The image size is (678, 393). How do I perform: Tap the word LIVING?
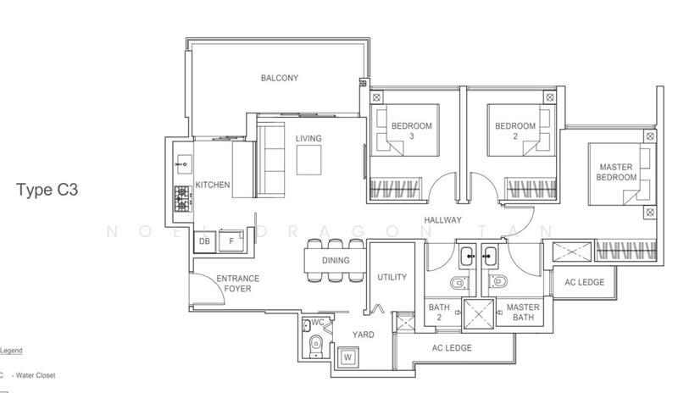(x=308, y=139)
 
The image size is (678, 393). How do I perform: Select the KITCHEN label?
(x=212, y=185)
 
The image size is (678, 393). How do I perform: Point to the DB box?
(x=204, y=242)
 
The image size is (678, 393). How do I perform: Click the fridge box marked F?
(x=227, y=242)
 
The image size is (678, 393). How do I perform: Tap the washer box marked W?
(x=347, y=357)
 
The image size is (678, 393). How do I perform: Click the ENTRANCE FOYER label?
(x=237, y=284)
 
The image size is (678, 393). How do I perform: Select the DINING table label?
(x=336, y=261)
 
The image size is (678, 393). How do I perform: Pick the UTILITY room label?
(x=392, y=277)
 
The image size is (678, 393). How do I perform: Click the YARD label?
(x=364, y=335)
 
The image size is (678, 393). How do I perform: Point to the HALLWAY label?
(x=443, y=220)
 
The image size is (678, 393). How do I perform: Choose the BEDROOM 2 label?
(x=515, y=131)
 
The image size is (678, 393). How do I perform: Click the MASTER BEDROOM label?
(x=617, y=173)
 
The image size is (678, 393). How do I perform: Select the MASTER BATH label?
(x=523, y=313)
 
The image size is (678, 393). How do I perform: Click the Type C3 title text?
(x=47, y=191)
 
